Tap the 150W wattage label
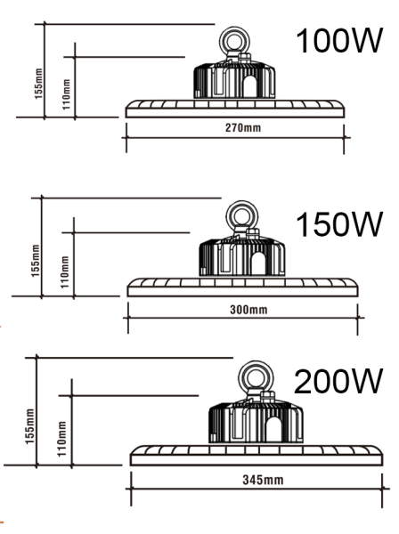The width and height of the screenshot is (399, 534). (339, 225)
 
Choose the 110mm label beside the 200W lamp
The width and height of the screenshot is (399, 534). (60, 436)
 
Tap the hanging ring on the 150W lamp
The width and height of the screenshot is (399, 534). (240, 216)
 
